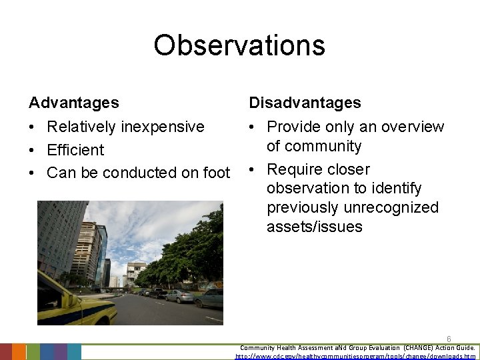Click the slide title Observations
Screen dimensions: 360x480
pyautogui.click(x=239, y=45)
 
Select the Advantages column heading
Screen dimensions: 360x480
pyautogui.click(x=74, y=103)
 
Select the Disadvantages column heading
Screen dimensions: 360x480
pyautogui.click(x=305, y=103)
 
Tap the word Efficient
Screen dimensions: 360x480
pyautogui.click(x=75, y=150)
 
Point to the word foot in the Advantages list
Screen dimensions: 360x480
pyautogui.click(x=215, y=173)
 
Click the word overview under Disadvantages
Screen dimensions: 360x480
pyautogui.click(x=413, y=127)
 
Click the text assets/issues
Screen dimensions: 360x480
pyautogui.click(x=314, y=227)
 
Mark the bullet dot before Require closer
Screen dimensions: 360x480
pyautogui.click(x=253, y=170)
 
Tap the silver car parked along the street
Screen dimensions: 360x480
pyautogui.click(x=179, y=296)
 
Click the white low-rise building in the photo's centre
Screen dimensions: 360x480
pyautogui.click(x=136, y=273)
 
